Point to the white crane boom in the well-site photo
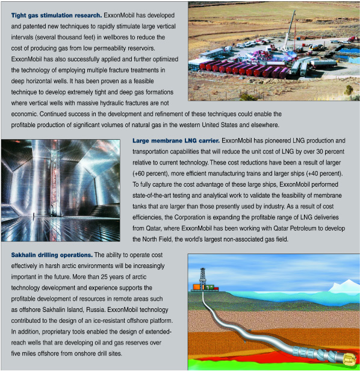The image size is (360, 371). (x=293, y=24)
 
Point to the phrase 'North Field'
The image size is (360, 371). (x=158, y=240)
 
